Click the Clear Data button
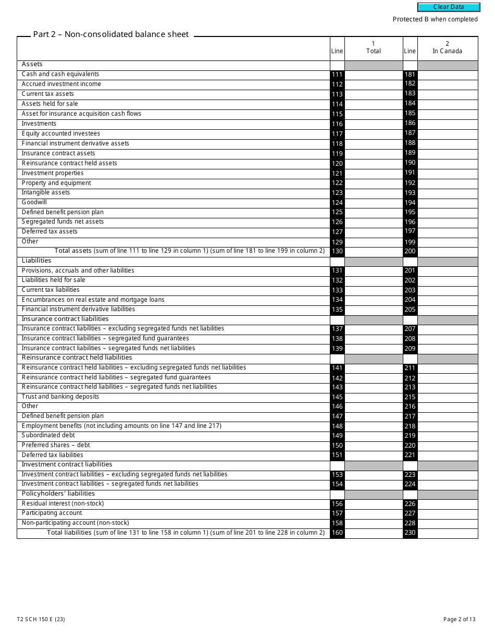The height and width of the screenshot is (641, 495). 449,7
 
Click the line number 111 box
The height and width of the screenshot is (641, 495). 337,75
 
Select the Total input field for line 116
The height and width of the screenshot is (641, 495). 374,124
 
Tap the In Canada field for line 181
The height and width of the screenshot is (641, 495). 448,75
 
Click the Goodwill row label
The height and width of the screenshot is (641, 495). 34,202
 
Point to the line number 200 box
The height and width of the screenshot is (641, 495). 410,251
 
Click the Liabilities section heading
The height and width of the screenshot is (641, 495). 36,261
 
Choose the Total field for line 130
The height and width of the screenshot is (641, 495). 374,251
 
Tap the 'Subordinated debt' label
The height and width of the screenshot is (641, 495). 48,435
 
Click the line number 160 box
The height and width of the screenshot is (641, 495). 337,533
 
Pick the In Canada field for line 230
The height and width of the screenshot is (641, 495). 448,533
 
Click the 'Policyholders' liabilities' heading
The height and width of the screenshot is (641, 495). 58,494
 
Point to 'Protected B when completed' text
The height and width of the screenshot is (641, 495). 435,19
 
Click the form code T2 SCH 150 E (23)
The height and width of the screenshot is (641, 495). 41,620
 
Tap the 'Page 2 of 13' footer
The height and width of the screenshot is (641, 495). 459,620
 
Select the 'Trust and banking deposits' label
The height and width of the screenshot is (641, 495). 60,397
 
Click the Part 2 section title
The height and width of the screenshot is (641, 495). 111,34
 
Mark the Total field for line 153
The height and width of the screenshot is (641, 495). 374,475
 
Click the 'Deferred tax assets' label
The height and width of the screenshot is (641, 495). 49,231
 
